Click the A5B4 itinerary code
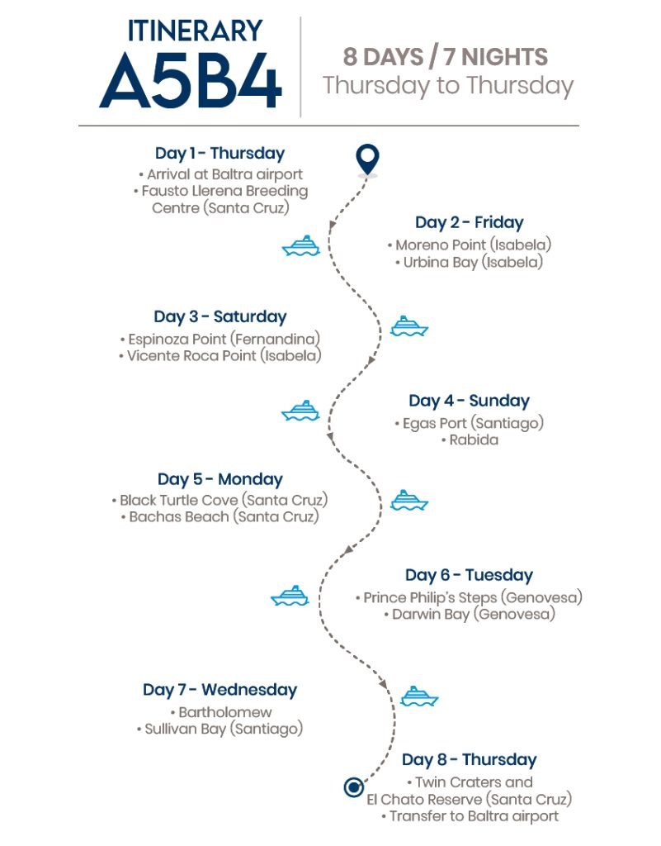191,81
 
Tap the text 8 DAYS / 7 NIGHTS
446,57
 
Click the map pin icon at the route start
367,160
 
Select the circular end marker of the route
353,787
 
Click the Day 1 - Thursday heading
220,153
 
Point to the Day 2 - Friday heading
470,222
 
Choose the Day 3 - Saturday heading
220,316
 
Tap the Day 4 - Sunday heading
470,401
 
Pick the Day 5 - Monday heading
220,479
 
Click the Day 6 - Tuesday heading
470,575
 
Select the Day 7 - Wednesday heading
220,690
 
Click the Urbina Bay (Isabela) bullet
470,262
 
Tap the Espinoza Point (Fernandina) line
220,339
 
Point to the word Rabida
474,440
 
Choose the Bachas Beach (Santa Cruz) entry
220,517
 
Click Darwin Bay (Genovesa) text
470,614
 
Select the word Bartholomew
225,712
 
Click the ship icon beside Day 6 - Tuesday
290,596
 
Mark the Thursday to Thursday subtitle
448,86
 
